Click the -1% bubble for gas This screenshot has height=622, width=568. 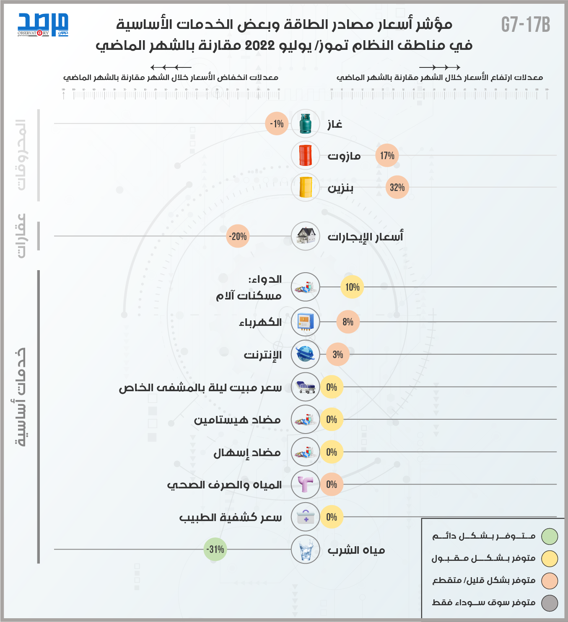277,124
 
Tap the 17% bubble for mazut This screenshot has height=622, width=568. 387,155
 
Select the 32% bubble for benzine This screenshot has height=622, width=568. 397,187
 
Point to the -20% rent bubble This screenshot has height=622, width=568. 238,236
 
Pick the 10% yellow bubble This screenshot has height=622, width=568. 352,287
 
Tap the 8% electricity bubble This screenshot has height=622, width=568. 348,322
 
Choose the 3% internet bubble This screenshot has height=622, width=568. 337,354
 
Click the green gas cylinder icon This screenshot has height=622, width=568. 306,124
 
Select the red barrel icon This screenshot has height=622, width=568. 306,155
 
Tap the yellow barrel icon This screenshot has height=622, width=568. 306,187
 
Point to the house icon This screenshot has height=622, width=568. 306,236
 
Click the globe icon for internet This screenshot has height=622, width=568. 306,354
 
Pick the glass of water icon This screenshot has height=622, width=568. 306,549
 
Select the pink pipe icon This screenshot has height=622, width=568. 306,484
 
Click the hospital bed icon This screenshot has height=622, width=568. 306,387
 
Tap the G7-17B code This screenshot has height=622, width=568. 526,25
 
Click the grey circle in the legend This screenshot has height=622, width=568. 550,603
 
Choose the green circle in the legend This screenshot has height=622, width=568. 550,536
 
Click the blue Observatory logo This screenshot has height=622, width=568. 43,25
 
